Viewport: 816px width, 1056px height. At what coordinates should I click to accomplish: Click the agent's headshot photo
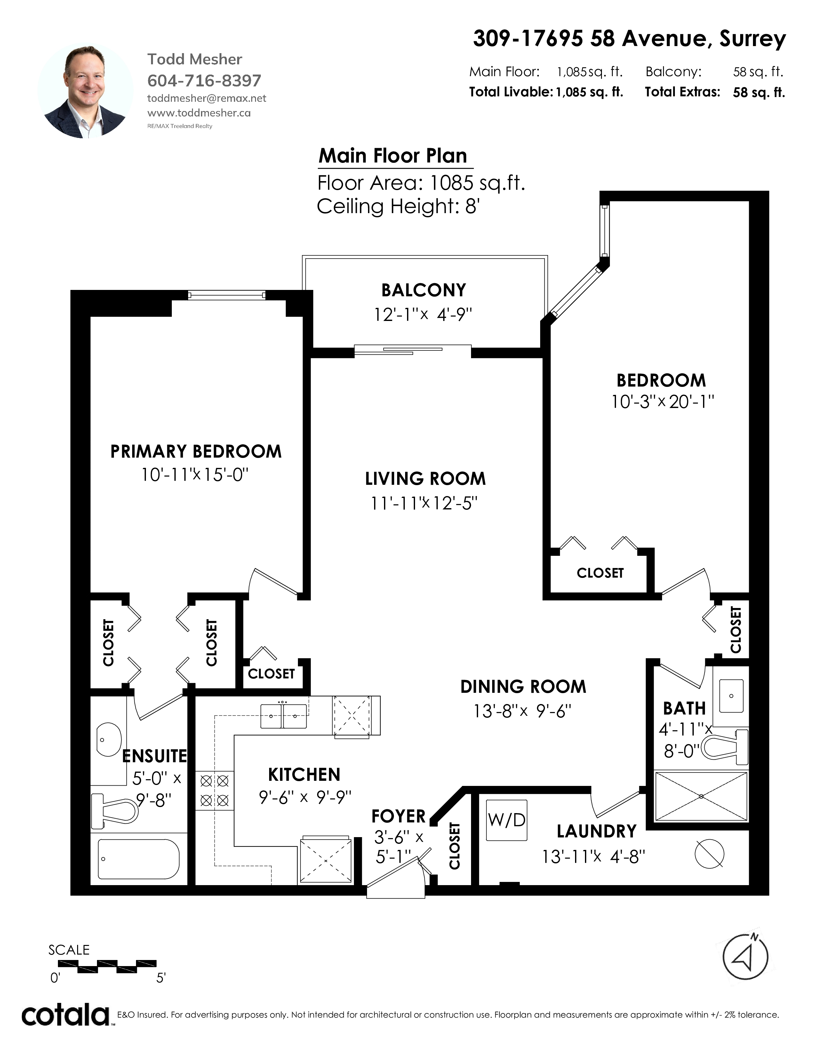[x=85, y=91]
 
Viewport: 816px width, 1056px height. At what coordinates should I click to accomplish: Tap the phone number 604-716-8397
[x=204, y=80]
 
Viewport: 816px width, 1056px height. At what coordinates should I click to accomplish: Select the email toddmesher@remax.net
[x=206, y=98]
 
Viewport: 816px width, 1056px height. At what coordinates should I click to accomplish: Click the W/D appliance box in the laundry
[x=506, y=820]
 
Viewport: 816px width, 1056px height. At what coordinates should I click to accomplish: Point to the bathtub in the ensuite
[x=139, y=858]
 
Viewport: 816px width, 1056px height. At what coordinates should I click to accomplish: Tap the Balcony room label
[x=423, y=290]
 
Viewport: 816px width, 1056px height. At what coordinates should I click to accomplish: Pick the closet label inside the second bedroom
[x=600, y=573]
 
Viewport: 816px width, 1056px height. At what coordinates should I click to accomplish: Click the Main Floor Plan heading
[x=393, y=156]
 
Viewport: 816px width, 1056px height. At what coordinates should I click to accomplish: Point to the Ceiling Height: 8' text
[x=398, y=206]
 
